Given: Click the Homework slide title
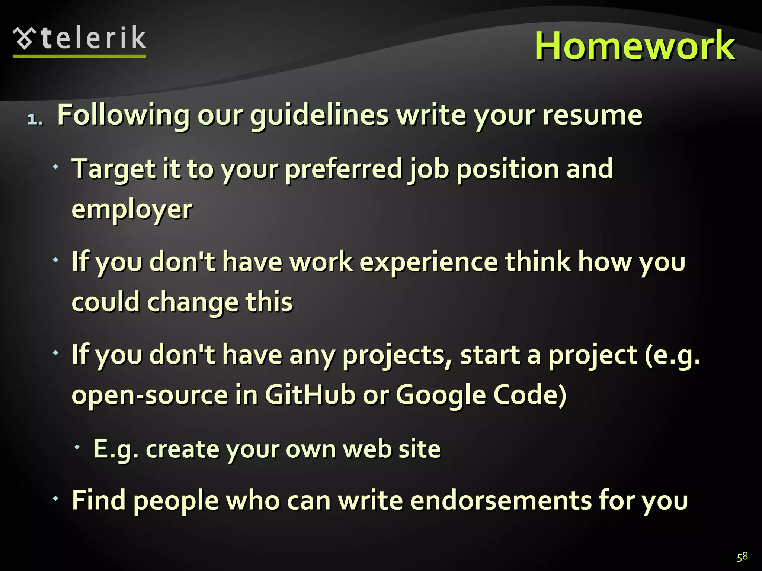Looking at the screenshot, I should [635, 46].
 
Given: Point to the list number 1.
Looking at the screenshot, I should [35, 119].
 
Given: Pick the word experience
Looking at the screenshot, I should [428, 262].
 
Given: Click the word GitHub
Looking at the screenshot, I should [310, 395].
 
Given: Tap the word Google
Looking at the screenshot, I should [441, 396].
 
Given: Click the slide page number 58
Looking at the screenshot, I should [742, 557].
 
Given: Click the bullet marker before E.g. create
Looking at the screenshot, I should [77, 447].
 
